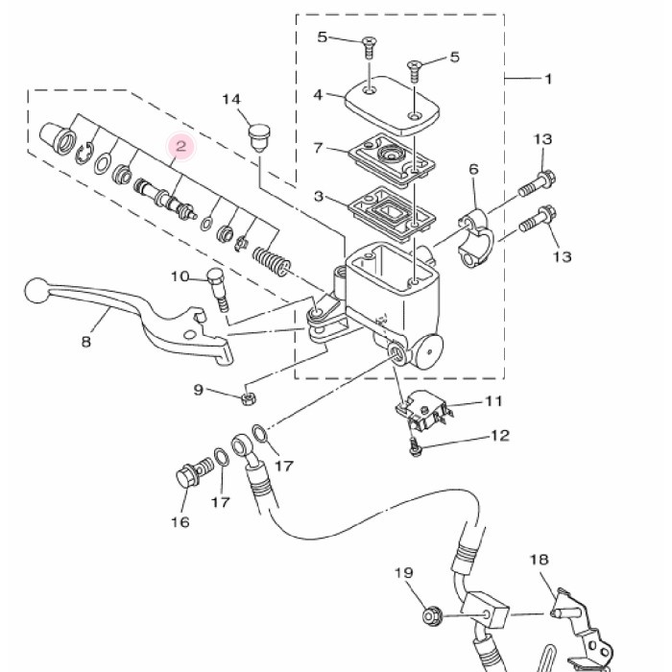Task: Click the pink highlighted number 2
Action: click(x=180, y=146)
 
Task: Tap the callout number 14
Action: click(x=231, y=100)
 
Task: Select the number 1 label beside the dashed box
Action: click(x=548, y=79)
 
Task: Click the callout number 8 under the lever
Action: click(x=86, y=342)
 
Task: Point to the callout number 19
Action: click(x=404, y=572)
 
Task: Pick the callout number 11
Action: click(x=493, y=401)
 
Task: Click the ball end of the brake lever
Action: click(x=36, y=291)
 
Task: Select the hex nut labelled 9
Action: click(x=248, y=399)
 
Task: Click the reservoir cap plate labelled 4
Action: click(x=392, y=105)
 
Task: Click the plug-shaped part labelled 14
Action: click(x=260, y=137)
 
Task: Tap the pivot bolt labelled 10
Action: click(x=218, y=290)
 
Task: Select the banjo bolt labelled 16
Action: click(x=195, y=472)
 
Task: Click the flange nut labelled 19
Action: click(x=432, y=616)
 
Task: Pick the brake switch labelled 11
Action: click(x=423, y=411)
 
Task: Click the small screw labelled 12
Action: click(x=415, y=446)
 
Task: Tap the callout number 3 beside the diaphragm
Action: click(x=318, y=197)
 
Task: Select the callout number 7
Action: click(x=318, y=148)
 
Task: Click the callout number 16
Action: click(x=180, y=522)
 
